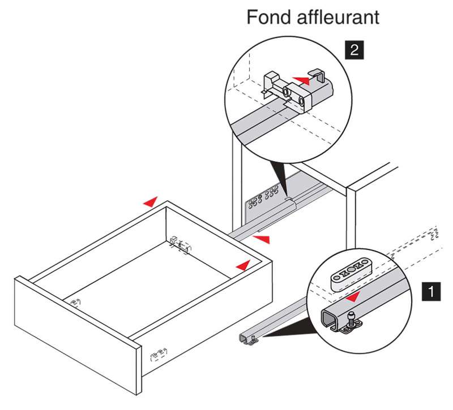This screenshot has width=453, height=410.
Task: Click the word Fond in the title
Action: pyautogui.click(x=268, y=17)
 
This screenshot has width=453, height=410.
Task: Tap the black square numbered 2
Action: pyautogui.click(x=354, y=50)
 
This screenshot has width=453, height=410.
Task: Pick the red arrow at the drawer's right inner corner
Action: pyautogui.click(x=243, y=264)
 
